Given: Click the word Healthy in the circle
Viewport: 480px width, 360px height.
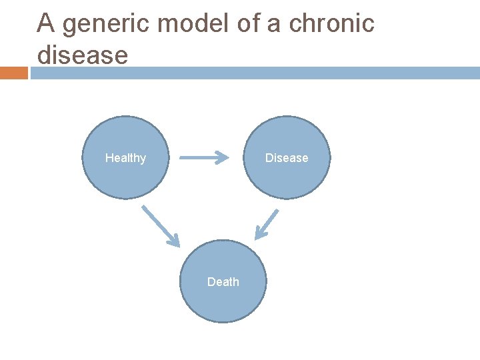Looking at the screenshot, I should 125,158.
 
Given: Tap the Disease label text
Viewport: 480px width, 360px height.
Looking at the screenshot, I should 287,158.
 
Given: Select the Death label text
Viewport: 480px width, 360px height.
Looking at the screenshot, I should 223,282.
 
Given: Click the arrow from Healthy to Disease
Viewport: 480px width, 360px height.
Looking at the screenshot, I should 203,158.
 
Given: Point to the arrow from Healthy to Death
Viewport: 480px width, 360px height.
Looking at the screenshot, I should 160,225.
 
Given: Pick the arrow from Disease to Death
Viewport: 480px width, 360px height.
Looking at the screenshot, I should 267,224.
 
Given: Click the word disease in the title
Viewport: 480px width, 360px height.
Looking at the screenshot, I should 82,55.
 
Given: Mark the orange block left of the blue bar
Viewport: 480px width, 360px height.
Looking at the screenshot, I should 13,73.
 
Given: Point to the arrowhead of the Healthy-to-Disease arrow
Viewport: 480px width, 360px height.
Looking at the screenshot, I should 222,158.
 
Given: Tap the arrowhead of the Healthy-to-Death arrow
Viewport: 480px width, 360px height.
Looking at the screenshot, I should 175,241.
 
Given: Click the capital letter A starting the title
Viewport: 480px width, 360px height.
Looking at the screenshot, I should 45,24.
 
